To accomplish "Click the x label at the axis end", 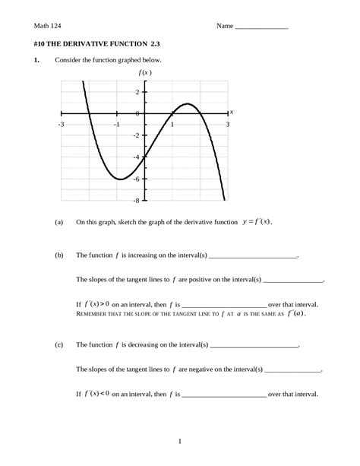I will pyautogui.click(x=231, y=112).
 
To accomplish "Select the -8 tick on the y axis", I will pyautogui.click(x=137, y=201).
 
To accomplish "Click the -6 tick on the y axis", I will pyautogui.click(x=137, y=179).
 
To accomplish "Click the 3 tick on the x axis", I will pyautogui.click(x=227, y=123).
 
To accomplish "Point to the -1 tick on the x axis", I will pyautogui.click(x=116, y=123).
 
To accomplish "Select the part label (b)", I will pyautogui.click(x=59, y=258).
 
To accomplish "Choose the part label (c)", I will pyautogui.click(x=59, y=344).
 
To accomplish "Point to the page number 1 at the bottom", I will pyautogui.click(x=179, y=440).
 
